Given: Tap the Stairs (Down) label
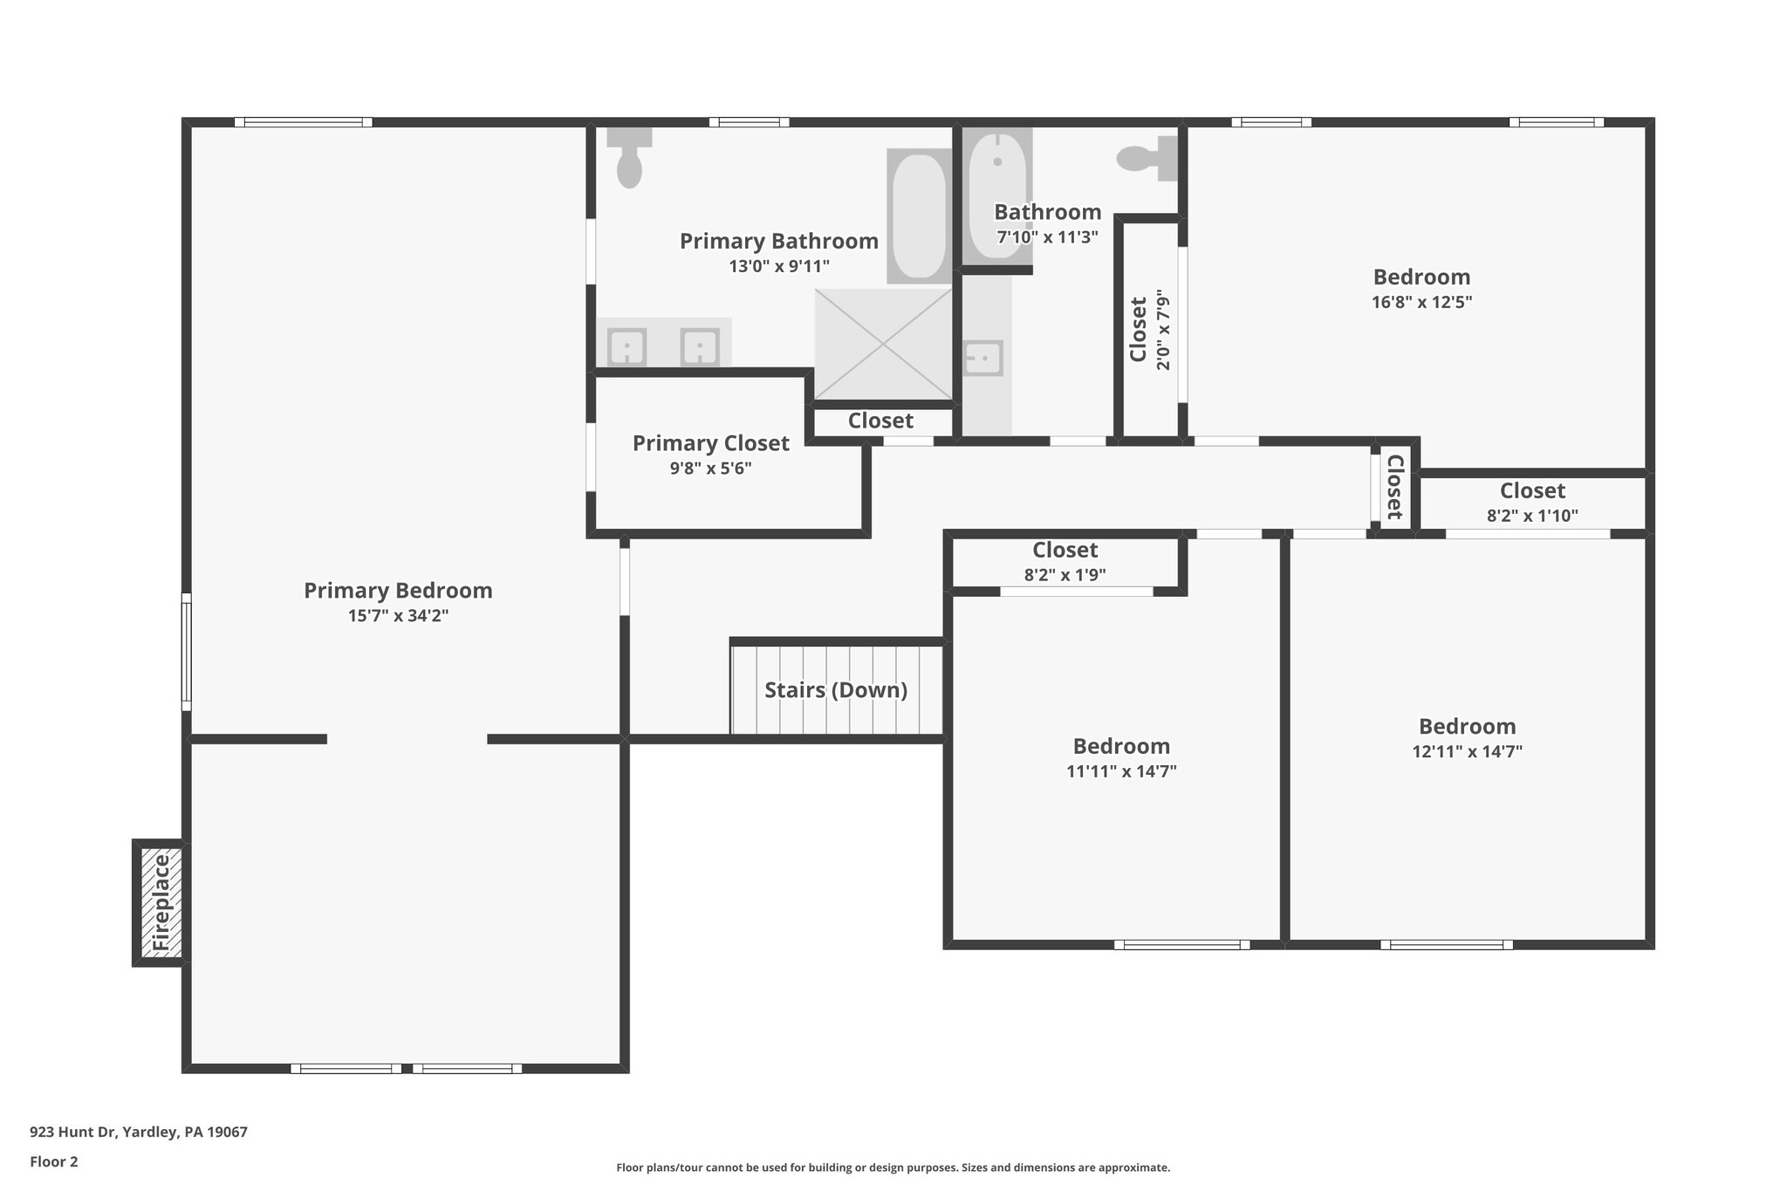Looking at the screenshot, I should (x=836, y=690).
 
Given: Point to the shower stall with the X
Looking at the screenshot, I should (x=883, y=344).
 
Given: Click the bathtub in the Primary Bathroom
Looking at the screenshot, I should (x=920, y=216).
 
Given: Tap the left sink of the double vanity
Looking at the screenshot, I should (x=626, y=347).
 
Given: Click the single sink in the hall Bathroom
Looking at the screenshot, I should (x=983, y=358).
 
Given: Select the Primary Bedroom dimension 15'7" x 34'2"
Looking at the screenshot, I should (x=398, y=616).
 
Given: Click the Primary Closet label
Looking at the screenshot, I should (x=710, y=443).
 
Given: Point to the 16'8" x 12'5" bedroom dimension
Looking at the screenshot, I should (x=1421, y=303).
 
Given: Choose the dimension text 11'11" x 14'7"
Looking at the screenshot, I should (x=1121, y=771).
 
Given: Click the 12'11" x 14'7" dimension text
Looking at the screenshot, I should (x=1467, y=751).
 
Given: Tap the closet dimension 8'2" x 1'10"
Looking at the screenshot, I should (x=1532, y=516).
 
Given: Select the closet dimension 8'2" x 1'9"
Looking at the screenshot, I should (x=1065, y=575).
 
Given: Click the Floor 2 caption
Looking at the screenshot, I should (x=54, y=1161).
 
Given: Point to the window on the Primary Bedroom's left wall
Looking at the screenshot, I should (x=187, y=652).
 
